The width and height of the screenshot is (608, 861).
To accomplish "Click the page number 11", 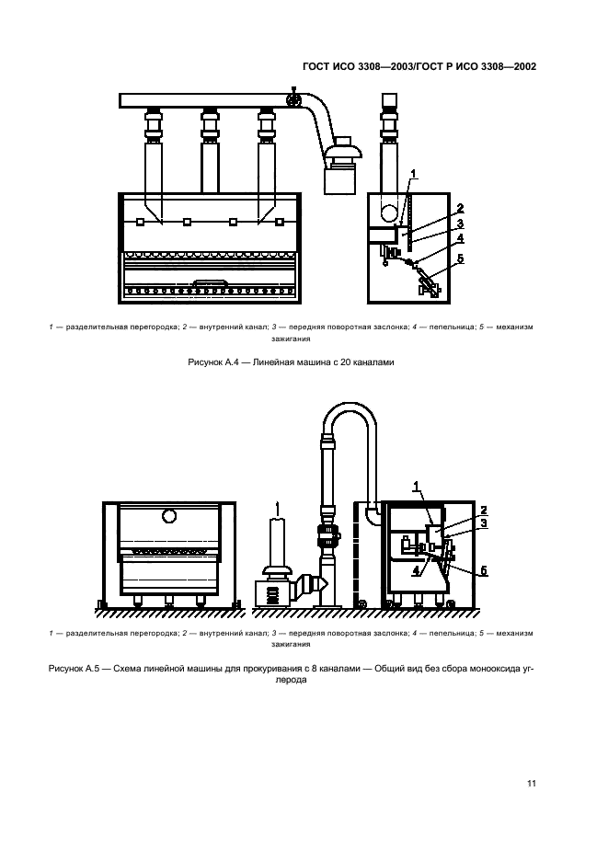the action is click(x=531, y=784).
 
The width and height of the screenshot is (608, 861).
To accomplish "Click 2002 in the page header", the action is click(x=525, y=67).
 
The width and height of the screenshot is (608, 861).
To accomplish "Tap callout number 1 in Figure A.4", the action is click(x=414, y=174).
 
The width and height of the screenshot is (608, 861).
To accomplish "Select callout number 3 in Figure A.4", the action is click(x=460, y=224).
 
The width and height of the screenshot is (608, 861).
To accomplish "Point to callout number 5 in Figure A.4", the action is click(x=461, y=258).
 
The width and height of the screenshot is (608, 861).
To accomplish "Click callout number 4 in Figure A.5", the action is click(x=416, y=571).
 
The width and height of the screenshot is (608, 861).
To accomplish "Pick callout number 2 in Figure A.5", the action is click(x=483, y=510).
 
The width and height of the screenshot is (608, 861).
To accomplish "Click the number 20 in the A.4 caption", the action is click(x=346, y=362).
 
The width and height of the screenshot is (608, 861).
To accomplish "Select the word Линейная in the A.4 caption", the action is click(x=269, y=362).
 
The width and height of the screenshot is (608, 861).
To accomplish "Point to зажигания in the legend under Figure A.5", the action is click(x=291, y=644).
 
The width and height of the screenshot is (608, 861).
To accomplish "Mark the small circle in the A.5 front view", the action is click(x=169, y=516).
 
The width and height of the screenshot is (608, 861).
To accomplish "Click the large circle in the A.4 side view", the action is click(x=390, y=212).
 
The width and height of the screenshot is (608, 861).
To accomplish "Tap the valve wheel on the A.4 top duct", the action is click(x=294, y=100).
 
